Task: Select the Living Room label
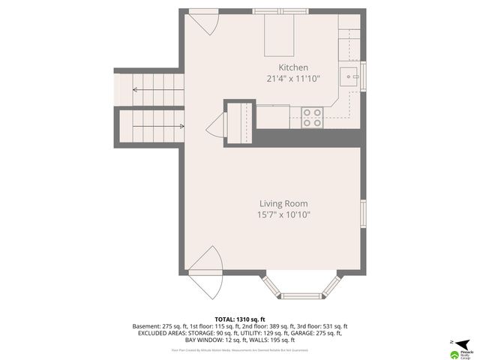click(x=283, y=203)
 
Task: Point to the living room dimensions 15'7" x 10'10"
click(x=283, y=214)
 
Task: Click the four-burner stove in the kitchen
click(x=312, y=117)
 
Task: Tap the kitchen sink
click(x=350, y=76)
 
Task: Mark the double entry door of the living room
click(x=204, y=274)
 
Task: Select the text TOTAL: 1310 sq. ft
click(x=239, y=319)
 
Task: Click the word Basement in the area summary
click(x=145, y=327)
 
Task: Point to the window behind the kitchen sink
click(x=362, y=76)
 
